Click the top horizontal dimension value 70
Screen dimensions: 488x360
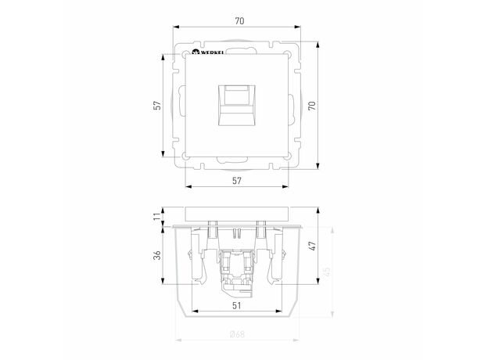[x=239, y=21]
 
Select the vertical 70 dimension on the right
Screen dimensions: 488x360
[x=312, y=106]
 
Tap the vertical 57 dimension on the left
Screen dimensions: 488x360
[x=158, y=105]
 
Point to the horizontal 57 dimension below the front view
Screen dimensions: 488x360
[x=237, y=181]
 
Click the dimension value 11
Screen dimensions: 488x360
[x=158, y=215]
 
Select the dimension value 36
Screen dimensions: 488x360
[x=158, y=255]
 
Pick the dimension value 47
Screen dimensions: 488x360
[x=312, y=246]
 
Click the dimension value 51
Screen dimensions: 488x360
[x=237, y=306]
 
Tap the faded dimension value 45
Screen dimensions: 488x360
[x=326, y=272]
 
